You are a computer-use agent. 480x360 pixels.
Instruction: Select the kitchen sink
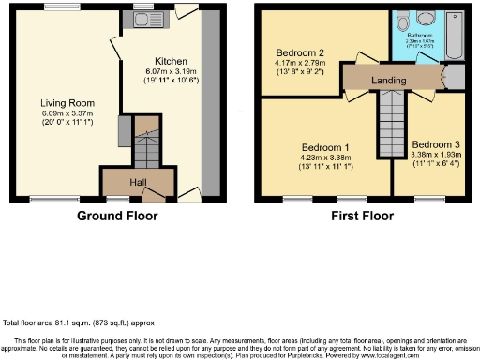tap(143, 18)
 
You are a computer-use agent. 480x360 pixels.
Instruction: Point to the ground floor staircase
tap(146, 145)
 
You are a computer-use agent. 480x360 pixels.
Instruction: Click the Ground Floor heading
tap(116, 216)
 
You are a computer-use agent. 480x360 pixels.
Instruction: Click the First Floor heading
tap(361, 216)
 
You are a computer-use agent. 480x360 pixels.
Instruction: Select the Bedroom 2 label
tap(300, 52)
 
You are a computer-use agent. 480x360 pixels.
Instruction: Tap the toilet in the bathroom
tap(402, 21)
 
